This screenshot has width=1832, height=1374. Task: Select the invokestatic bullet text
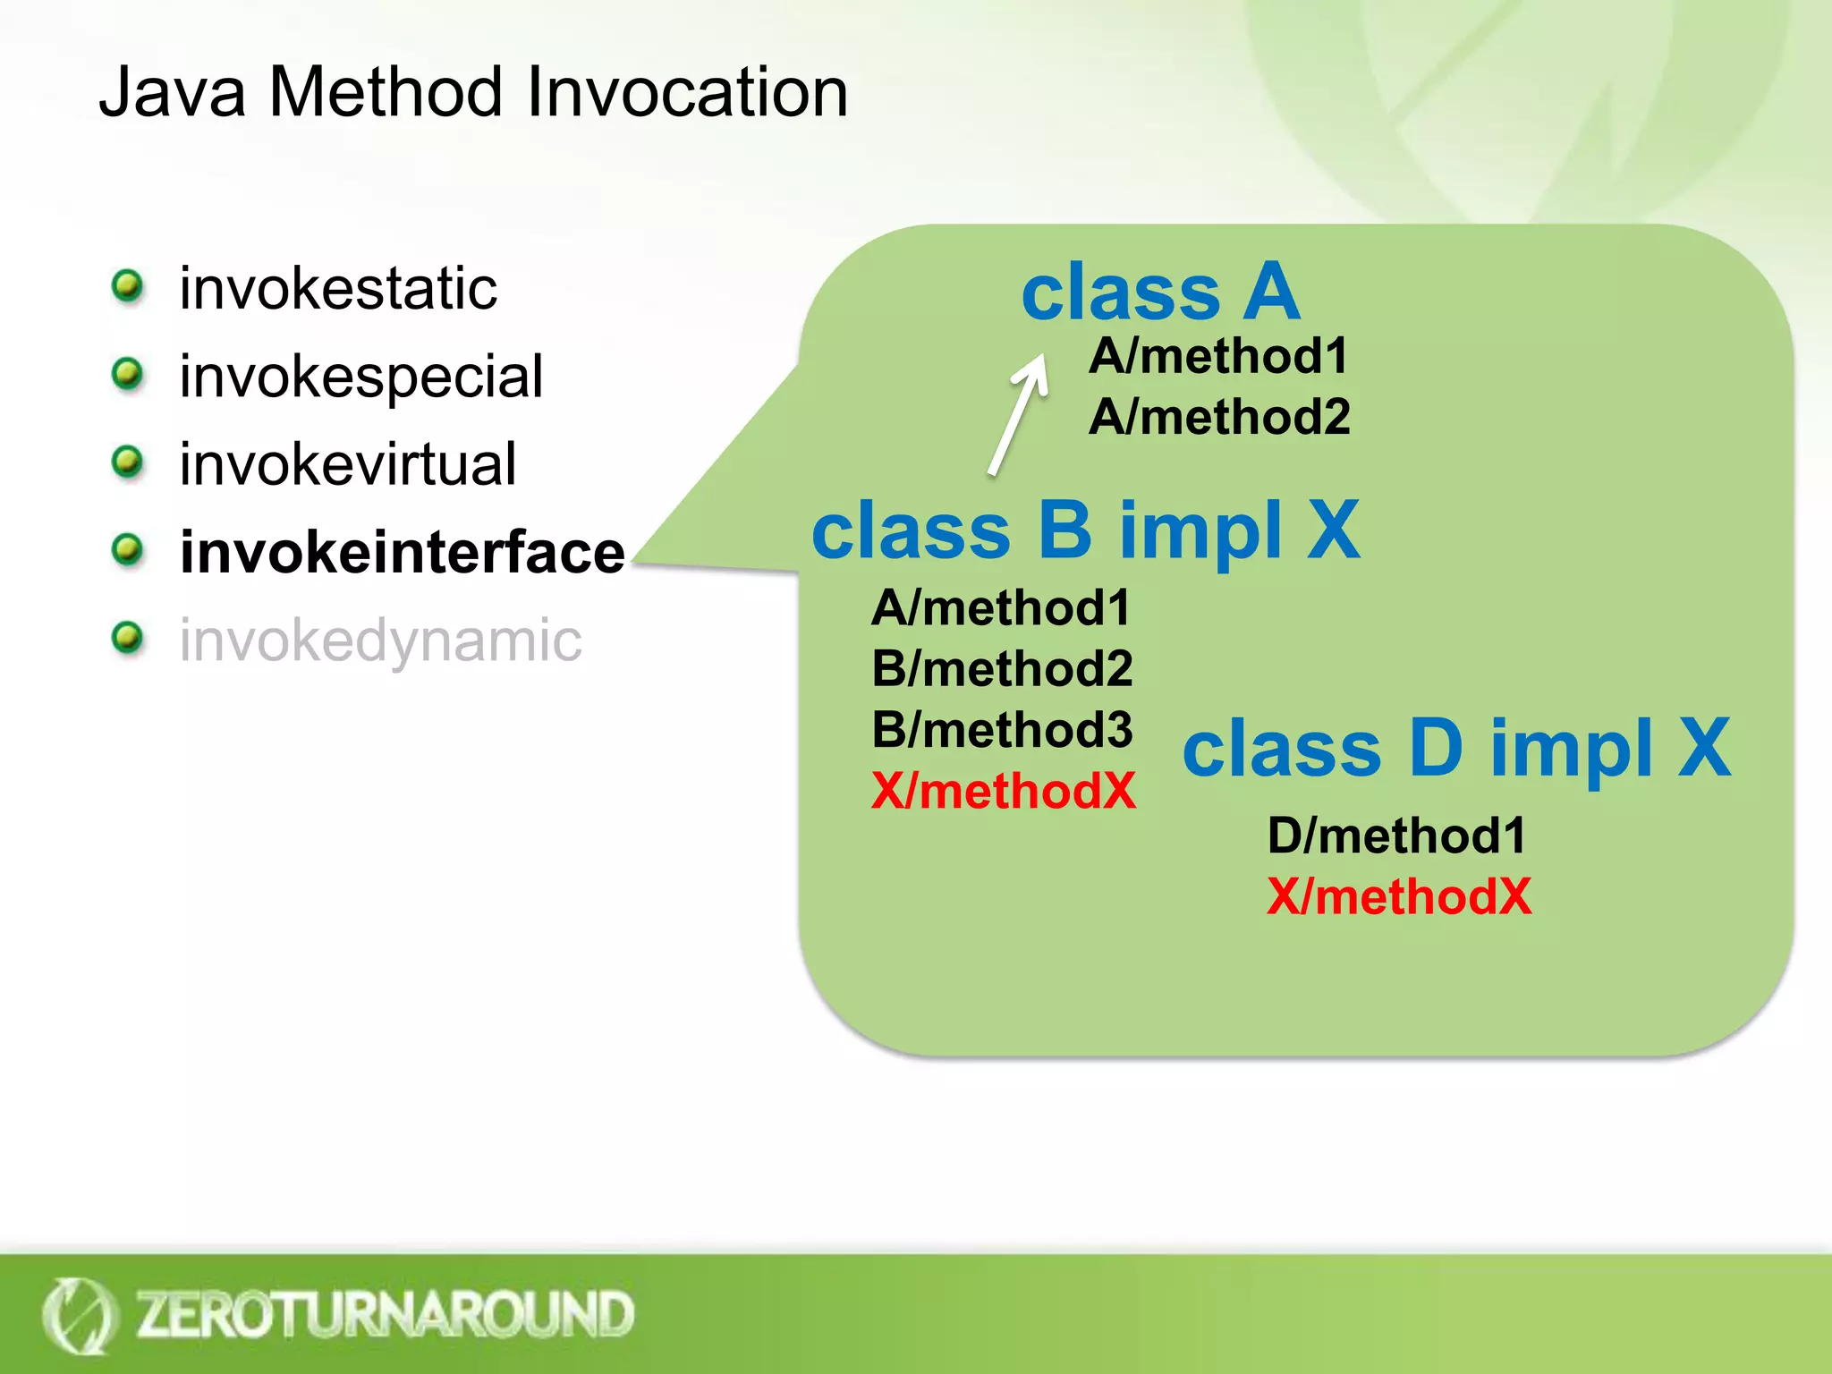(x=338, y=289)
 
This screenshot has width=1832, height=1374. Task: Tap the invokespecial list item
(x=361, y=377)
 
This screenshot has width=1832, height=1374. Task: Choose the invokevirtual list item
(x=348, y=464)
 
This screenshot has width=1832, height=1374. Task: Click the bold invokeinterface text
(x=403, y=552)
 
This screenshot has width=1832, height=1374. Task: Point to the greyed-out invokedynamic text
(x=381, y=640)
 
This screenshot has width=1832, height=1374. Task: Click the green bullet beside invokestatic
(x=128, y=287)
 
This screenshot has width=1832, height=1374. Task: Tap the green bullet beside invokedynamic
(x=128, y=639)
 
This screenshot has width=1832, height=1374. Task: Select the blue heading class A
(x=1160, y=292)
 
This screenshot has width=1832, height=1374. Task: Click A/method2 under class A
(x=1219, y=417)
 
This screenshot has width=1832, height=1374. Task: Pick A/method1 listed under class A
(x=1218, y=356)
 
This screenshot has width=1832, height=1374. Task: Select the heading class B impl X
(x=1085, y=530)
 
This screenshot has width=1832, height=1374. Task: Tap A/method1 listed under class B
(x=1001, y=608)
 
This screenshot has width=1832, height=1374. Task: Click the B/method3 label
(x=1002, y=730)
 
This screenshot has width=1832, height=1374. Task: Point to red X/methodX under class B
(x=1003, y=792)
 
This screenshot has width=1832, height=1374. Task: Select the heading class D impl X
(x=1456, y=748)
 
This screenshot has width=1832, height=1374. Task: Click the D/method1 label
(x=1396, y=835)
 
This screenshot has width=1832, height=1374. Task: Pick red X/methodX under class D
(x=1399, y=896)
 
